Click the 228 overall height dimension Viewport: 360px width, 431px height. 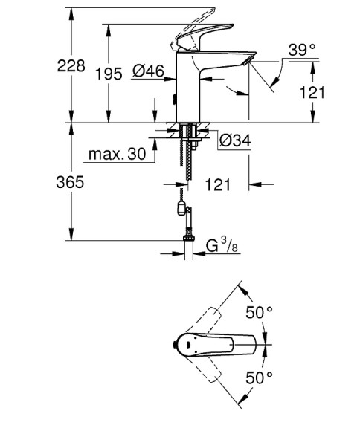(x=71, y=66)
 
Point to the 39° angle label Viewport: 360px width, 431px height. (x=302, y=51)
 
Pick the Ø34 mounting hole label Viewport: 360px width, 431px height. (x=235, y=140)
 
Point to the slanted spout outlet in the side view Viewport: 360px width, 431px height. (x=245, y=59)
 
